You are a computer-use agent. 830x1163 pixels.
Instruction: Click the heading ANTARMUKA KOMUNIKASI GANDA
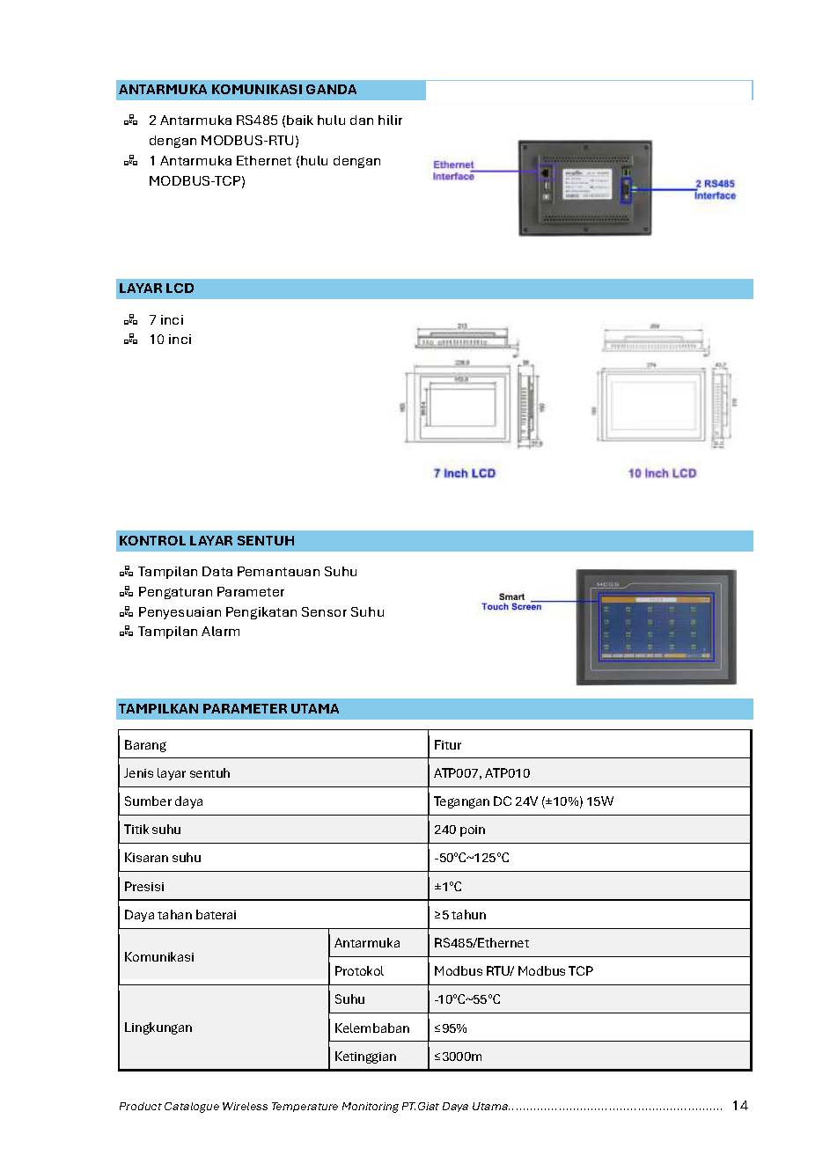coord(238,90)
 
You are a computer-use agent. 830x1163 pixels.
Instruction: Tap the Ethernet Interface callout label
coord(453,171)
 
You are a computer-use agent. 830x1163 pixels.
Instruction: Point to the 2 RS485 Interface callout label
coord(715,190)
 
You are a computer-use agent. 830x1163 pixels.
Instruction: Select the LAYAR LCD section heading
coord(157,289)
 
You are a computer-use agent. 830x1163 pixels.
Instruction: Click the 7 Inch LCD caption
coord(465,473)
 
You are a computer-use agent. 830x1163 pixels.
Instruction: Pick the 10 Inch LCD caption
coord(662,473)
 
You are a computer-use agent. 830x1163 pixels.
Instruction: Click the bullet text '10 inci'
coord(170,340)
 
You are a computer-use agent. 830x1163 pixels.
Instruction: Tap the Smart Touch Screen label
coord(511,602)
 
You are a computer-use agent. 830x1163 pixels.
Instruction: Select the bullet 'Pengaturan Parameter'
coord(211,592)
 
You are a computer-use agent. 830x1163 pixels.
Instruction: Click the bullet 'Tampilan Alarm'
coord(188,632)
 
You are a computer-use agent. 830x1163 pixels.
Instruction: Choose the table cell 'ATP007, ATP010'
coord(481,773)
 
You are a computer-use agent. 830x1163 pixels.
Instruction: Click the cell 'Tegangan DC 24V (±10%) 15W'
coord(524,801)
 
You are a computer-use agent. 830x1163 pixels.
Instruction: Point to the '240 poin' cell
coord(459,830)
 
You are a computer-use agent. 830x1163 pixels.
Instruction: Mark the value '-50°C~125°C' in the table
coord(472,858)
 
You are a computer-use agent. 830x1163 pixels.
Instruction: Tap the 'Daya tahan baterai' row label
coord(180,915)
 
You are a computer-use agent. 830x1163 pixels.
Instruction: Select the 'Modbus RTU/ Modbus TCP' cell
coord(513,971)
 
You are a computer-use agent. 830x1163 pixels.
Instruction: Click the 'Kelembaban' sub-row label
coord(371,1028)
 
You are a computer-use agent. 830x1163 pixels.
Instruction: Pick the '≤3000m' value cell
coord(458,1057)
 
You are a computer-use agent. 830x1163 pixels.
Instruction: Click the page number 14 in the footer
coord(739,1106)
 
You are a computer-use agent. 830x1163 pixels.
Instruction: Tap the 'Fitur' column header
coord(447,745)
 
